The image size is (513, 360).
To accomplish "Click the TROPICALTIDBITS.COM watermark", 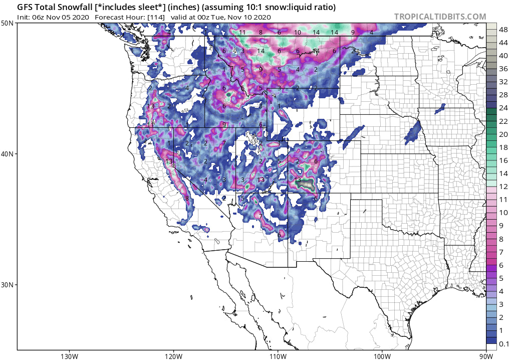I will pyautogui.click(x=440, y=17).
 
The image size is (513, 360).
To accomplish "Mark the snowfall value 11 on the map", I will pyautogui.click(x=242, y=33).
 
